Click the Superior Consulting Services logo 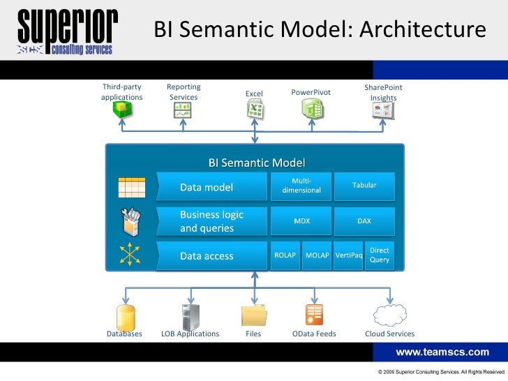[67, 31]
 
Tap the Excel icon [254, 110]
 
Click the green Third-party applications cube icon [123, 110]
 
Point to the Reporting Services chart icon [183, 110]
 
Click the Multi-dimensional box [301, 186]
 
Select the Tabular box [364, 186]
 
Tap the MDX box [301, 221]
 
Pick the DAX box [364, 221]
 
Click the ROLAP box [285, 255]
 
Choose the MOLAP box [317, 255]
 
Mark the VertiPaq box [348, 255]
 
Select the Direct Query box [380, 255]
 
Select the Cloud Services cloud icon [389, 315]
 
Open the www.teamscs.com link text [442, 352]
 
